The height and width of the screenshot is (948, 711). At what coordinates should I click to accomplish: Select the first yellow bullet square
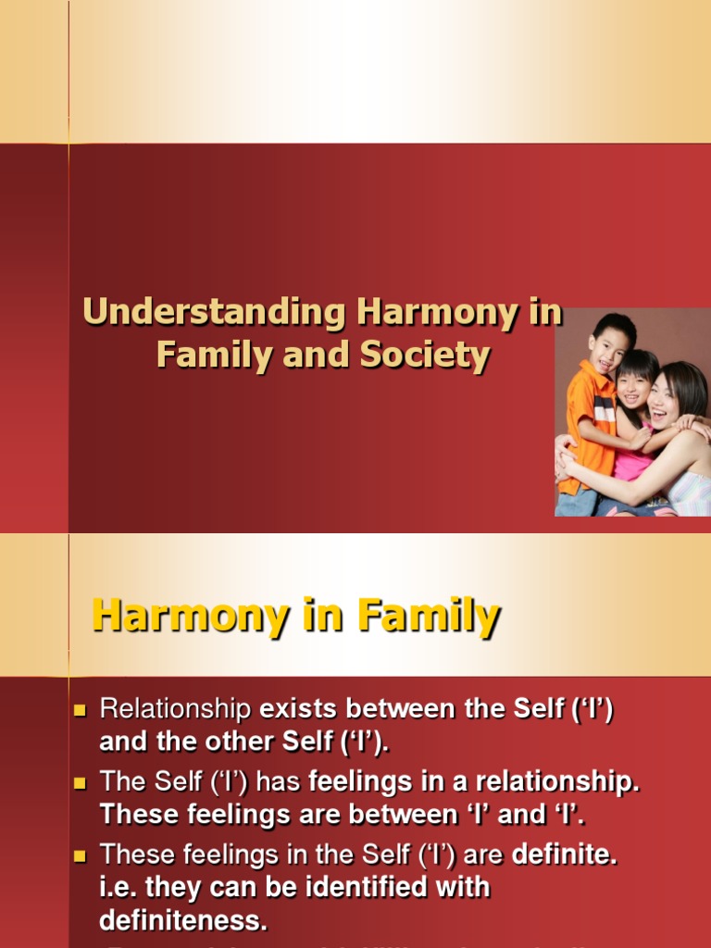[x=79, y=711]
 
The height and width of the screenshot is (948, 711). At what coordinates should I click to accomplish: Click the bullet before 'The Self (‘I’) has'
[x=79, y=782]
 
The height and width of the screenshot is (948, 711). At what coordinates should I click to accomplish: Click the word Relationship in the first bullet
[x=175, y=710]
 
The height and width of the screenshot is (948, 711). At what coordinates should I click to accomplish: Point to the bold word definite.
[x=563, y=854]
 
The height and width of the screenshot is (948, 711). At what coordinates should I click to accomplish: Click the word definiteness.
[x=182, y=921]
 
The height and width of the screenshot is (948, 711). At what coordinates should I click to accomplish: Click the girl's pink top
[x=631, y=463]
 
